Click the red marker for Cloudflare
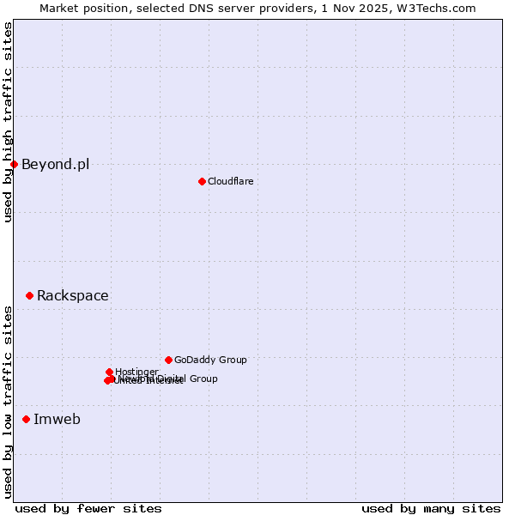(202, 181)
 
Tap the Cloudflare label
(230, 181)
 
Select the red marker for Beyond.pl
(15, 164)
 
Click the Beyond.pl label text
(55, 165)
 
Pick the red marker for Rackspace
(29, 295)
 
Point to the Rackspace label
(72, 296)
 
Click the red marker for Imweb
(26, 419)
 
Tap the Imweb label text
(57, 420)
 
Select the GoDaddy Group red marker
(168, 360)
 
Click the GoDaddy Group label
(210, 360)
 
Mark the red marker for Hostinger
(109, 372)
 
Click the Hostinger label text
(136, 372)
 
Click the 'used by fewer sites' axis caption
(88, 508)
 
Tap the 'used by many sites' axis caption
(431, 508)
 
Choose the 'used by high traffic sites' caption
(8, 122)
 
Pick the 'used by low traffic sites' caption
(8, 402)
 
